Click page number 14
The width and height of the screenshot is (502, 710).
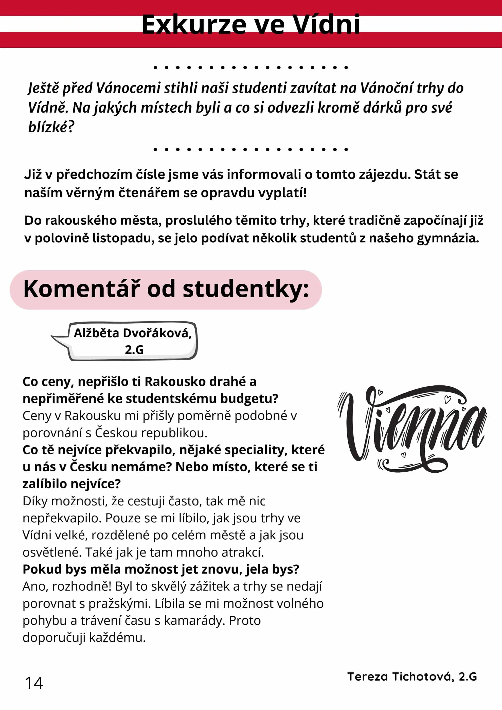point(34,683)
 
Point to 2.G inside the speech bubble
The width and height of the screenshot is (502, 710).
point(134,350)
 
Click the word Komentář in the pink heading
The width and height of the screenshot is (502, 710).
point(82,289)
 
